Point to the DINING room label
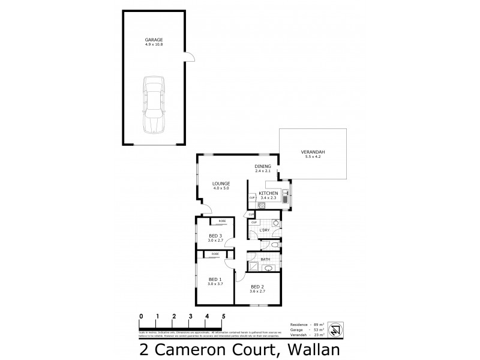pyautogui.click(x=263, y=166)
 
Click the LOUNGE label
pyautogui.click(x=221, y=184)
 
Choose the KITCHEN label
pyautogui.click(x=268, y=192)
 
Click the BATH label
pyautogui.click(x=265, y=260)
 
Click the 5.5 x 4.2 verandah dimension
pyautogui.click(x=311, y=157)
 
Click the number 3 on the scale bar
pyautogui.click(x=190, y=316)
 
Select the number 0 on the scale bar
pyautogui.click(x=140, y=316)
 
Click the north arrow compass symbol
pyautogui.click(x=338, y=329)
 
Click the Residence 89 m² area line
pyautogui.click(x=307, y=323)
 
